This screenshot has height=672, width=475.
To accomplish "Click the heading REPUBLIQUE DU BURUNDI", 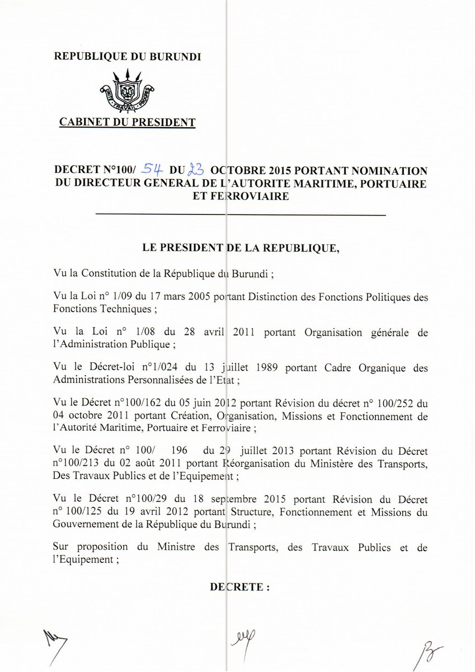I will click(x=127, y=56).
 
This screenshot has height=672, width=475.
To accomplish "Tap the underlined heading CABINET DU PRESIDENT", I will click(x=128, y=122).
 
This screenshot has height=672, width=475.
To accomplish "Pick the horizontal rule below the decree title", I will click(x=241, y=215).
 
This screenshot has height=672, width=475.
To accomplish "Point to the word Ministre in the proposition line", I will click(x=170, y=547).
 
